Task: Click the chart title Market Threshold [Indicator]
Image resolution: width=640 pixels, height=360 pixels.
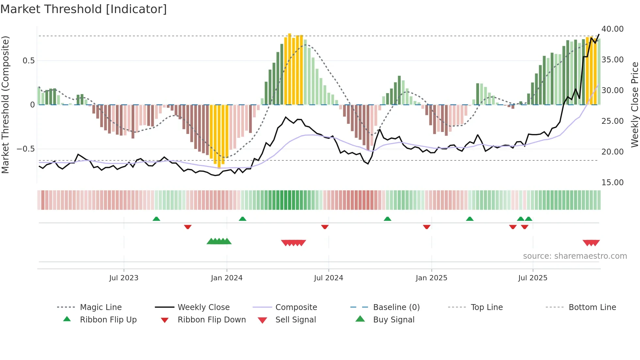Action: coord(84,9)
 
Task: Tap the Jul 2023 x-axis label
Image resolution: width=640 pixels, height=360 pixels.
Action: coord(124,278)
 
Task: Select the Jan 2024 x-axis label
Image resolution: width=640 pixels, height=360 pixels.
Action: coord(227,278)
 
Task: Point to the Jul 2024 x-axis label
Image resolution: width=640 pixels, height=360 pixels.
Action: coord(328,278)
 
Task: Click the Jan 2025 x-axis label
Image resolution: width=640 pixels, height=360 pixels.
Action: coord(431,278)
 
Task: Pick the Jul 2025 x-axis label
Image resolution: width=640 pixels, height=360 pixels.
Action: coord(533,278)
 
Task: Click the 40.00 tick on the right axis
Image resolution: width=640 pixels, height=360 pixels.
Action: coord(613,29)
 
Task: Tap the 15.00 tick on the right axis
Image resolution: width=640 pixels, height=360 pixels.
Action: coord(613,183)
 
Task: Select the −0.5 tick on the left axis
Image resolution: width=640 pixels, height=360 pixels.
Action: coord(25,149)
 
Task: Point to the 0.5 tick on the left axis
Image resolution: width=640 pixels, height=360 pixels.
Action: coord(28,61)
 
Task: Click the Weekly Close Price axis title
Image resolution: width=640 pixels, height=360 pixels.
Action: coord(634,105)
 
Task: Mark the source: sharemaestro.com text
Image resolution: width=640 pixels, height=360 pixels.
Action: coord(575,256)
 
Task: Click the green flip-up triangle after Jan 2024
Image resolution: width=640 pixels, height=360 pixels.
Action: coord(242,219)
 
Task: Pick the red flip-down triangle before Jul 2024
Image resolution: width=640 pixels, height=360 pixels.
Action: coord(325,227)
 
